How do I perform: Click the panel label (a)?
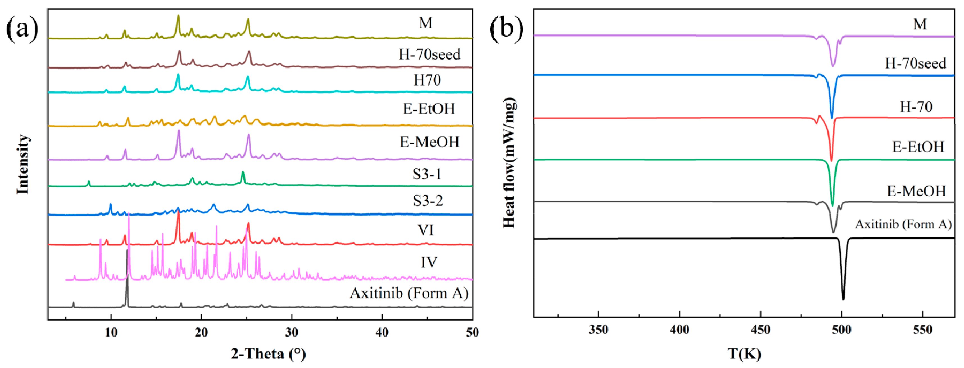pyautogui.click(x=22, y=29)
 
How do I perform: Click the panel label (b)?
pyautogui.click(x=506, y=29)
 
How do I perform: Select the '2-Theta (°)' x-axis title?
pyautogui.click(x=268, y=353)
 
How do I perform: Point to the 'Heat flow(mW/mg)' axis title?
pyautogui.click(x=509, y=163)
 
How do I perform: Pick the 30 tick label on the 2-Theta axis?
pyautogui.click(x=292, y=332)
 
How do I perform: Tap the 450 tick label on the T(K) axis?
pyautogui.click(x=760, y=330)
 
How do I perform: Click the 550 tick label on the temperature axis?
pyautogui.click(x=922, y=330)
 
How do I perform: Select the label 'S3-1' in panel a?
pyautogui.click(x=427, y=174)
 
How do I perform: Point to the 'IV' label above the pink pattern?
pyautogui.click(x=428, y=262)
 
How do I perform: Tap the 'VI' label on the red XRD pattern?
pyautogui.click(x=426, y=230)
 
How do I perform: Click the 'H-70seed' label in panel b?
pyautogui.click(x=915, y=63)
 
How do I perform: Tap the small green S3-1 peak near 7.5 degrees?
pyautogui.click(x=89, y=182)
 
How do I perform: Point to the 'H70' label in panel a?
pyautogui.click(x=427, y=80)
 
